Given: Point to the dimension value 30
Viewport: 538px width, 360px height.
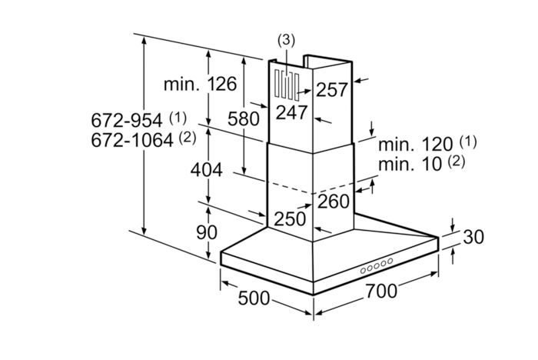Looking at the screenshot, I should coord(474,237).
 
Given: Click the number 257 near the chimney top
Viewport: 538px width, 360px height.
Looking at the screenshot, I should coord(332,89).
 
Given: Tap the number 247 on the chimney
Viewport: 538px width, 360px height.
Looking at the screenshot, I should coord(292,112).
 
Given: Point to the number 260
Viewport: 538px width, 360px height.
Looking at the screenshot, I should coord(334,202).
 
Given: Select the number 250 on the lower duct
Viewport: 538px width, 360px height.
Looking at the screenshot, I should coord(291,218).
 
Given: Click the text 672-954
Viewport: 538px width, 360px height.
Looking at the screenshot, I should coord(126,121).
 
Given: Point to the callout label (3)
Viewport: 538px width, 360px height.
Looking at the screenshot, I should coord(285,39).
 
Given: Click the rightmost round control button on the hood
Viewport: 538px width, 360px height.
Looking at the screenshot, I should coord(390,261).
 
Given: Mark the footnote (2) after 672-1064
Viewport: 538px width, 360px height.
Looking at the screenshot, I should coord(187,138).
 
